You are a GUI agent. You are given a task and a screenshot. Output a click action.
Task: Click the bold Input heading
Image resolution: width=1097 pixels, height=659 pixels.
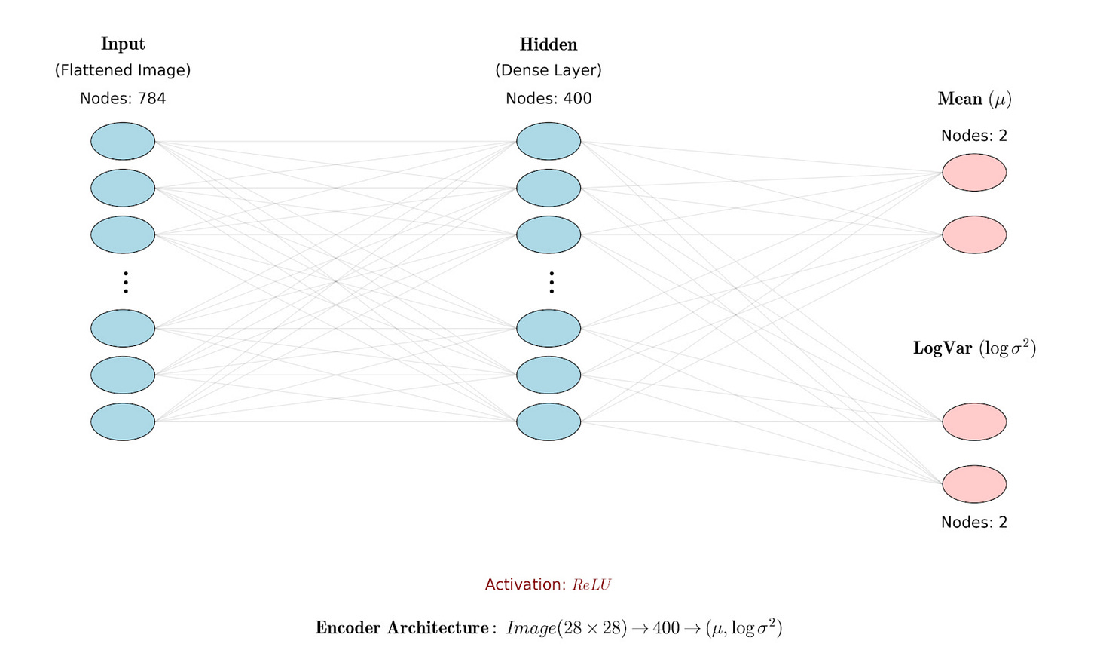point(123,44)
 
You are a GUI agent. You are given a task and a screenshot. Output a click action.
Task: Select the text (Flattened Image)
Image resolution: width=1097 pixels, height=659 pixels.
point(123,70)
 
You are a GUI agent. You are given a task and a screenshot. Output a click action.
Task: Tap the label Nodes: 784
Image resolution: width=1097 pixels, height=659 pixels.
point(123,99)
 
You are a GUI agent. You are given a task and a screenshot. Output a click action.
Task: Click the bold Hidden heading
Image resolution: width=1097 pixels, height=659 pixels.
point(548,45)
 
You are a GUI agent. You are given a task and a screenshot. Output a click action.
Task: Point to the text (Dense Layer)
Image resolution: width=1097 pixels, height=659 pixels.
point(548,70)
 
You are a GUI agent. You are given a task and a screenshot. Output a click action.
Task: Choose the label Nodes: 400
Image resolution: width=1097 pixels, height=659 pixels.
point(548,99)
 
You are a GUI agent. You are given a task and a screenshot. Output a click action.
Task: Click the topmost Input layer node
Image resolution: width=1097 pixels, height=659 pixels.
point(123,141)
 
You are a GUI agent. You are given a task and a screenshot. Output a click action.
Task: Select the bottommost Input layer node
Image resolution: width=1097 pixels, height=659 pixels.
point(123,421)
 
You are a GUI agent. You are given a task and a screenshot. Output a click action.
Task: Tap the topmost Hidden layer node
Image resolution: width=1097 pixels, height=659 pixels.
point(548,141)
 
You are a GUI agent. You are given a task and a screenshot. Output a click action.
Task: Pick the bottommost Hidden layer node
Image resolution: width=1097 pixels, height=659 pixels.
point(548,421)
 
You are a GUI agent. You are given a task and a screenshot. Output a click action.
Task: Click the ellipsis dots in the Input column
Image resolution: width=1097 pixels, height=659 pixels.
point(126,282)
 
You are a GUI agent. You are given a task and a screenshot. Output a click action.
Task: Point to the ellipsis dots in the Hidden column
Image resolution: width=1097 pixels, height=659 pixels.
point(552,282)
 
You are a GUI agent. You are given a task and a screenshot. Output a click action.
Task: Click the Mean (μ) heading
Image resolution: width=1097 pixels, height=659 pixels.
point(974,99)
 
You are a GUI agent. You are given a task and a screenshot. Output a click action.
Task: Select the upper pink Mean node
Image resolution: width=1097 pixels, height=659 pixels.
point(974,173)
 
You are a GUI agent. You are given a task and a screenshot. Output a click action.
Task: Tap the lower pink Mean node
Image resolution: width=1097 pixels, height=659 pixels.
point(974,234)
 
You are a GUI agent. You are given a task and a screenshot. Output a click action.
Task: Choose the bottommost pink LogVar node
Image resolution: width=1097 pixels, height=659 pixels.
point(974,484)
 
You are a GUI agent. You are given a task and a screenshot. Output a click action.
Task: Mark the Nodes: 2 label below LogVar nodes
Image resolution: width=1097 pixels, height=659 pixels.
point(974,523)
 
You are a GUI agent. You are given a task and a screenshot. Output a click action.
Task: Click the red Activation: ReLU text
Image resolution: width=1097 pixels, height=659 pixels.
point(548,584)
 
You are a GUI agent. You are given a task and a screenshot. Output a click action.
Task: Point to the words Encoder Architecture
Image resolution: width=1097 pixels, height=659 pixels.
point(402,628)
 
